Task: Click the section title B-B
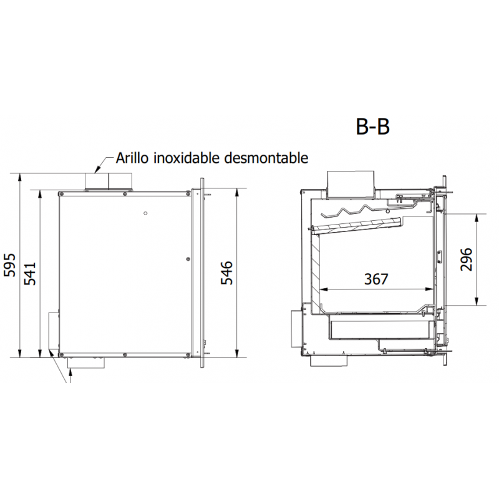point(372,127)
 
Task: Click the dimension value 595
point(9,265)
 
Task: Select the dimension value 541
point(31,274)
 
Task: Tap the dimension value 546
point(227,273)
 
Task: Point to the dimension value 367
point(376,279)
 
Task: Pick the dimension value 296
point(467,259)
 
